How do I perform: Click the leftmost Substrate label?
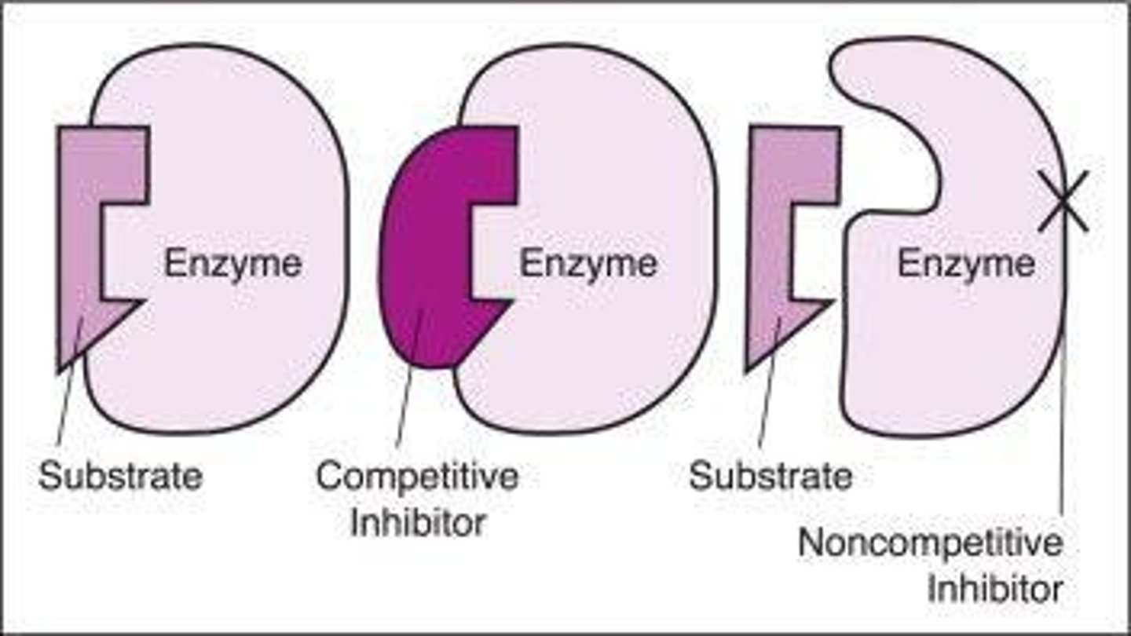120,475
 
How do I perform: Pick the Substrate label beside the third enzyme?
770,475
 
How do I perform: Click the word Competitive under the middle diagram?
417,476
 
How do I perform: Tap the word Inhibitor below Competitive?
417,523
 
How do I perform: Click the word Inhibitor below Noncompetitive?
995,589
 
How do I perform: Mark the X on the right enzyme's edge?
1063,201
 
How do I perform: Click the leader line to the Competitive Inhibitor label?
410,377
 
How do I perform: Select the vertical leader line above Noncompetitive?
1062,432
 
